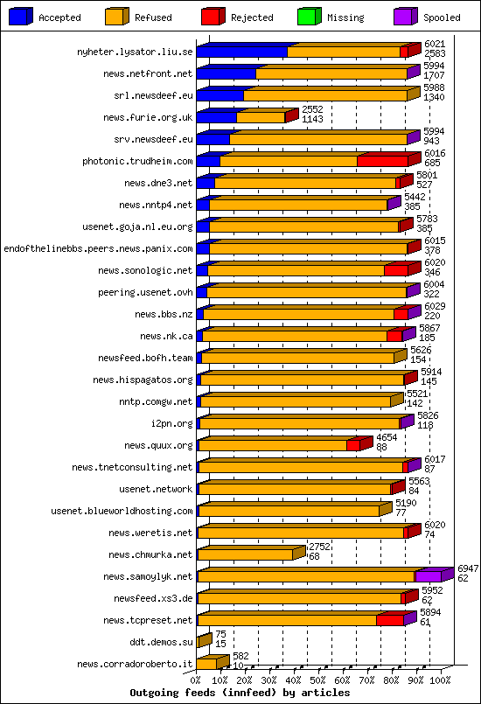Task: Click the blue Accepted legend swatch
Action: click(x=21, y=17)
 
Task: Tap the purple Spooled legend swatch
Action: click(x=406, y=17)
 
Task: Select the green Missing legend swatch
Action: click(x=310, y=17)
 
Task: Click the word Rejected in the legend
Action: click(x=252, y=17)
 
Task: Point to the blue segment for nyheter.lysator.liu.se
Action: click(x=242, y=52)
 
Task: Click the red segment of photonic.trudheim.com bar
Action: click(x=383, y=161)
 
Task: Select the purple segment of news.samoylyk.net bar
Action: click(x=429, y=577)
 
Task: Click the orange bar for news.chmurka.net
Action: click(x=245, y=555)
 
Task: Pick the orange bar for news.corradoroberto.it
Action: click(x=207, y=664)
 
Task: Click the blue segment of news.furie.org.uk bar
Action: click(x=217, y=118)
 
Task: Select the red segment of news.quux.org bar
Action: click(x=353, y=445)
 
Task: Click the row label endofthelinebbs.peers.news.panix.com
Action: click(x=98, y=248)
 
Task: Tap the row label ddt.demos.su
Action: click(x=161, y=642)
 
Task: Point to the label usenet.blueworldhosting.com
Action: click(x=122, y=511)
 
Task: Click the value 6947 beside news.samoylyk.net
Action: click(x=468, y=568)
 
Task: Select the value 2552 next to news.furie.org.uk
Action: click(x=312, y=109)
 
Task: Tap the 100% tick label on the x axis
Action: click(x=440, y=680)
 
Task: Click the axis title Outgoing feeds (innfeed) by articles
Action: click(x=240, y=693)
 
